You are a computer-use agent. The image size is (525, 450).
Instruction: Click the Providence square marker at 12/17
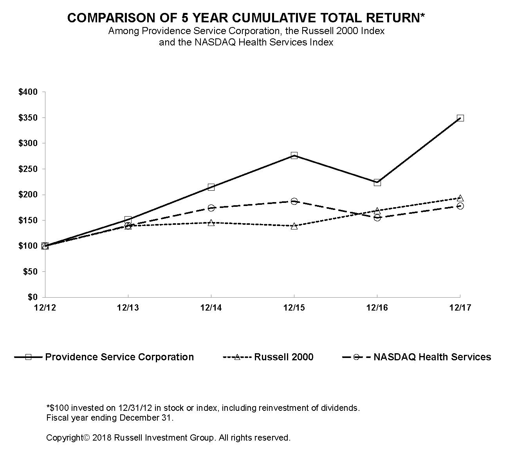[x=460, y=118]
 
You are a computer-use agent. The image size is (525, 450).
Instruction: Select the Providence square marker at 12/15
[x=294, y=155]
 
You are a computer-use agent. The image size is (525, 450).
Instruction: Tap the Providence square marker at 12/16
[x=377, y=183]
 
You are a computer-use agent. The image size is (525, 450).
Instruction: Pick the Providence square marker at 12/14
[x=211, y=187]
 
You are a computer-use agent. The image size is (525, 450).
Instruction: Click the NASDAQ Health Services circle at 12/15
[x=294, y=201]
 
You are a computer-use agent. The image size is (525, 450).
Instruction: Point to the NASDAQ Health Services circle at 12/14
[x=211, y=208]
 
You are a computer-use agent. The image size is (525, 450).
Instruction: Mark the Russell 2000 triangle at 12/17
[x=460, y=198]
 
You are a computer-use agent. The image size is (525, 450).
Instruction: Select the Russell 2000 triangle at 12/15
[x=294, y=226]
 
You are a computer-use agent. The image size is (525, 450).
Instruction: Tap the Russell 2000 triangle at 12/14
[x=211, y=223]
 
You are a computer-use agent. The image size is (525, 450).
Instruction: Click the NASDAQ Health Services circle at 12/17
[x=460, y=206]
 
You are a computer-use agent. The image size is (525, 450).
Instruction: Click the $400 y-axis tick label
[x=28, y=92]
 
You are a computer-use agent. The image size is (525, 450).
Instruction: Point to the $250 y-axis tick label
[x=28, y=169]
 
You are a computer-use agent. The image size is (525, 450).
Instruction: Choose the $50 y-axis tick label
[x=30, y=272]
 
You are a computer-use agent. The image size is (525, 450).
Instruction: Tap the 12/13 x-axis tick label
[x=128, y=308]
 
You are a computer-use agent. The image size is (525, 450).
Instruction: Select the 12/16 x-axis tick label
[x=377, y=308]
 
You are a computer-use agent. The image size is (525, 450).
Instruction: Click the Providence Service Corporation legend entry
[x=119, y=357]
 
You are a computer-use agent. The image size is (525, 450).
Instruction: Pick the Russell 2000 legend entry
[x=283, y=357]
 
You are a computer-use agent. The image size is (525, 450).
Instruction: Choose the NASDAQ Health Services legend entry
[x=432, y=357]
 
